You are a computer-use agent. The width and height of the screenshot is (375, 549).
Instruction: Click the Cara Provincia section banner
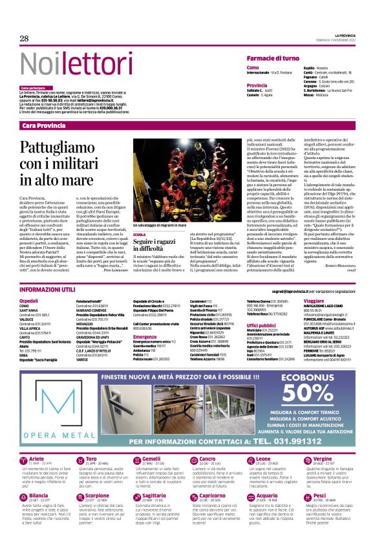click(43, 125)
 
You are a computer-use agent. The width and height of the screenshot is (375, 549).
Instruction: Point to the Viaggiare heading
click(312, 301)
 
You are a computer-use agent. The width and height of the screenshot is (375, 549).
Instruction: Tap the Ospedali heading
click(29, 301)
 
